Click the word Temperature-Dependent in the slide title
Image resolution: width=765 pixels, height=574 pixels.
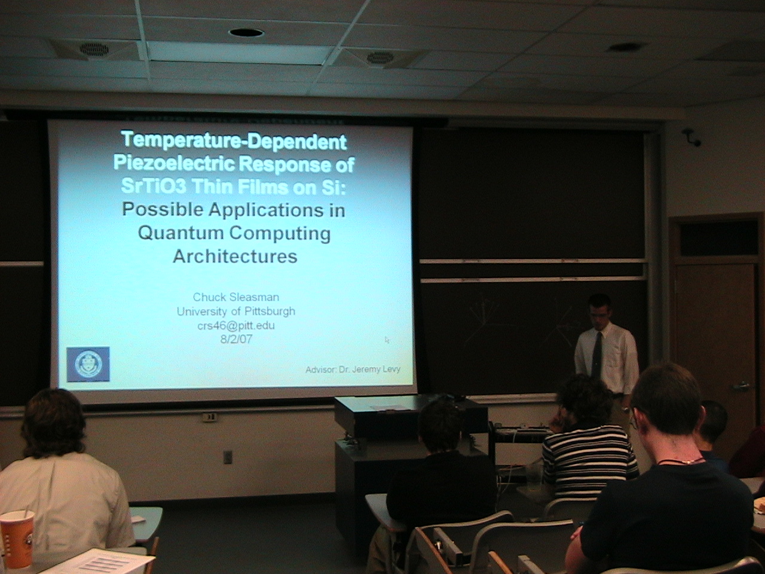[x=234, y=141]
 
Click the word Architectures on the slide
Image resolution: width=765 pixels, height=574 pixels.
[x=235, y=256]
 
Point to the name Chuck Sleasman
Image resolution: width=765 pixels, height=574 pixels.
[x=236, y=297]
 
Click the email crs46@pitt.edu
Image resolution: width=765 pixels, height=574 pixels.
[x=236, y=325]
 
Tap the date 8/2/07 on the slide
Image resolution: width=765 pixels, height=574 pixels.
[x=236, y=339]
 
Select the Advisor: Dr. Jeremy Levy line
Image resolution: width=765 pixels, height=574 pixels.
[x=353, y=369]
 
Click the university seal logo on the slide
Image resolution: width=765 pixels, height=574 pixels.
[x=88, y=364]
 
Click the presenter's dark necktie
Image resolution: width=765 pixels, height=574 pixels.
[x=596, y=356]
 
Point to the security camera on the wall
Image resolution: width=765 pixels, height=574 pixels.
[x=691, y=137]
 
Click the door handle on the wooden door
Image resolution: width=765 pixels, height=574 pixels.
[x=740, y=386]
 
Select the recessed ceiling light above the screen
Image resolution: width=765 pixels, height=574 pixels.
[x=246, y=33]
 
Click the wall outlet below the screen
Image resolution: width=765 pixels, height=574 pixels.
[x=228, y=457]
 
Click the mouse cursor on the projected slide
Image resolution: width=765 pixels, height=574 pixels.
[x=387, y=340]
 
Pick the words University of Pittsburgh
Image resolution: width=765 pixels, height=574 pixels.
[x=236, y=311]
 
